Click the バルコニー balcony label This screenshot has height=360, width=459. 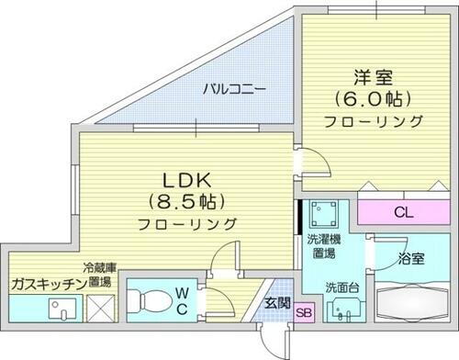coord(236,90)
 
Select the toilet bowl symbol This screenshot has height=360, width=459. coord(150,300)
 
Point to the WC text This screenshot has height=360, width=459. coord(184,300)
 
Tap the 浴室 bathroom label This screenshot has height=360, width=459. coord(412,259)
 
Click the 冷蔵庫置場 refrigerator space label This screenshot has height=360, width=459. coord(96,276)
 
